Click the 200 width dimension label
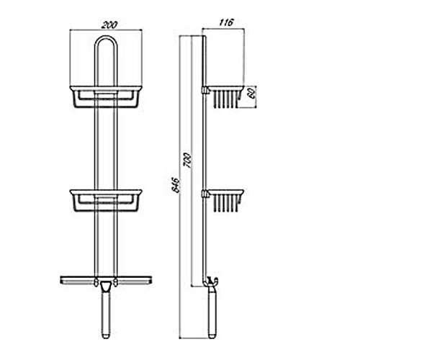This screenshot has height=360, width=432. tap(109, 24)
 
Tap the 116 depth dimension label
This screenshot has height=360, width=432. tap(227, 22)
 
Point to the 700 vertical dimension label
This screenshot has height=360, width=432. tap(188, 160)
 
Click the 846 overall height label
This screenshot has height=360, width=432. tap(176, 185)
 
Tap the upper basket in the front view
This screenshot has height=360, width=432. tap(106, 96)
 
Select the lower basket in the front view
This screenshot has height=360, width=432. tap(106, 201)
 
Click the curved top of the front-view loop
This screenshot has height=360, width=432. tap(106, 36)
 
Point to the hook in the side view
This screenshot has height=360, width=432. tap(214, 282)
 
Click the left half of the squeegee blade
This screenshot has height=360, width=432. tap(78, 280)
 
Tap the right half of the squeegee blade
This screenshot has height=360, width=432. tap(134, 280)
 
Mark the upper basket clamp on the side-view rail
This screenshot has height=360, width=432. tap(204, 90)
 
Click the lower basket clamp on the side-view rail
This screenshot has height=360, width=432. tap(204, 194)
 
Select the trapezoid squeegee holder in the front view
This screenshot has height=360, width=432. tap(106, 287)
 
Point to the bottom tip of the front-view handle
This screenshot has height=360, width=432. tap(106, 338)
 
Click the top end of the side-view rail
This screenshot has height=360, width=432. tap(204, 36)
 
